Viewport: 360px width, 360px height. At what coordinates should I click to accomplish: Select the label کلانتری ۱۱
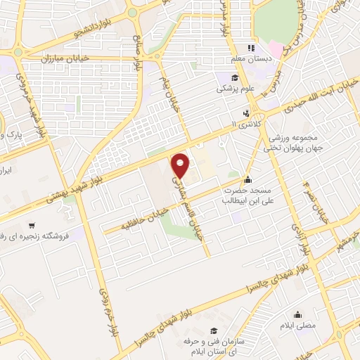click(245, 124)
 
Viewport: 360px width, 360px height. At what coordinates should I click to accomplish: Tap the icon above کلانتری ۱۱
click(245, 112)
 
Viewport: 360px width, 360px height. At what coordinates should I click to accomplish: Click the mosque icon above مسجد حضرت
click(247, 179)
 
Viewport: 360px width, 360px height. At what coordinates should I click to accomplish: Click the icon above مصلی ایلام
click(299, 314)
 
